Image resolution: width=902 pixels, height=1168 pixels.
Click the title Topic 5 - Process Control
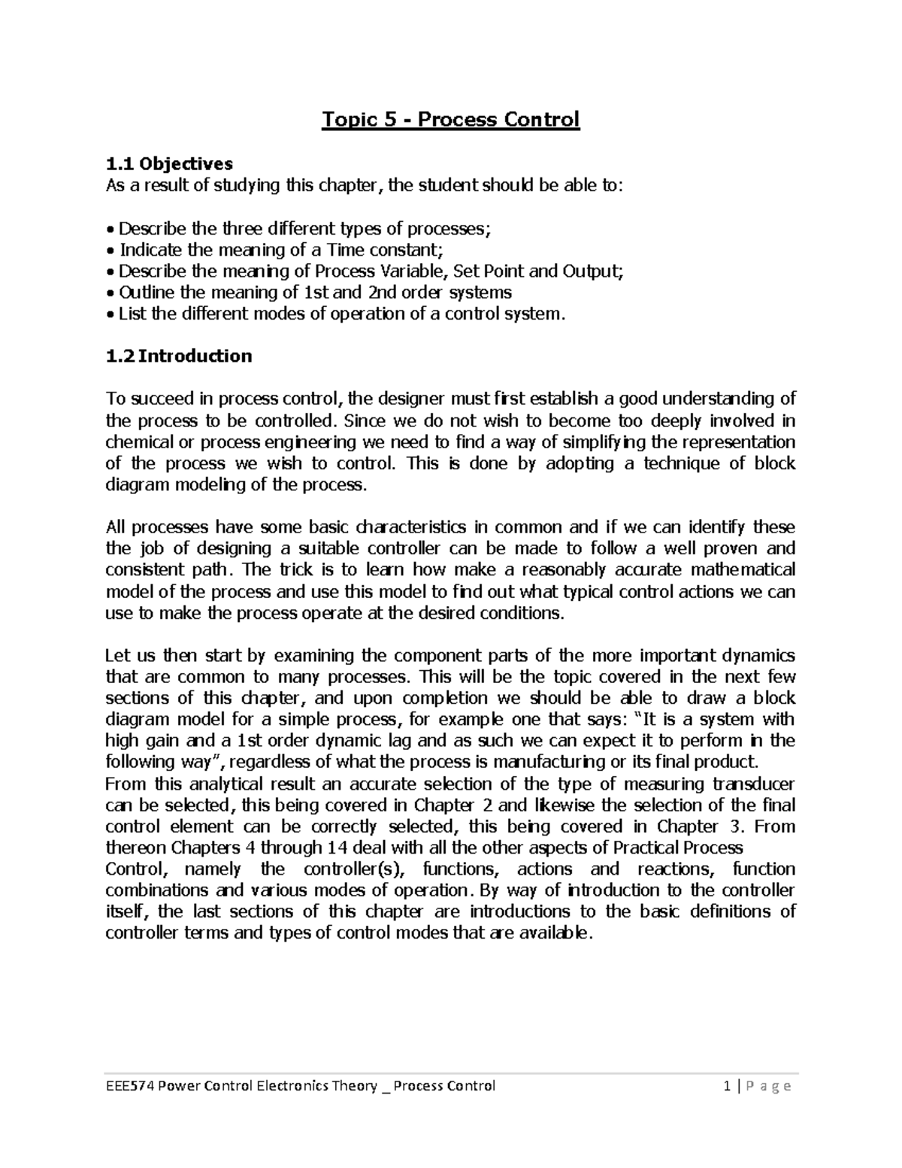click(x=451, y=120)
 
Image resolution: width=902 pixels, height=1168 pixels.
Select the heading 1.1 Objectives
click(x=169, y=163)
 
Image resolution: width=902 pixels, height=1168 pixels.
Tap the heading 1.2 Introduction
click(x=179, y=356)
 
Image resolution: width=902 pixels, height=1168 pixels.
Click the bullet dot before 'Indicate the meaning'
click(x=110, y=250)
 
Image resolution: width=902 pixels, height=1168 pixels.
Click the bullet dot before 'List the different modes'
click(x=110, y=314)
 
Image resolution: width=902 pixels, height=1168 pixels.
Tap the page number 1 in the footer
click(x=726, y=1085)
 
